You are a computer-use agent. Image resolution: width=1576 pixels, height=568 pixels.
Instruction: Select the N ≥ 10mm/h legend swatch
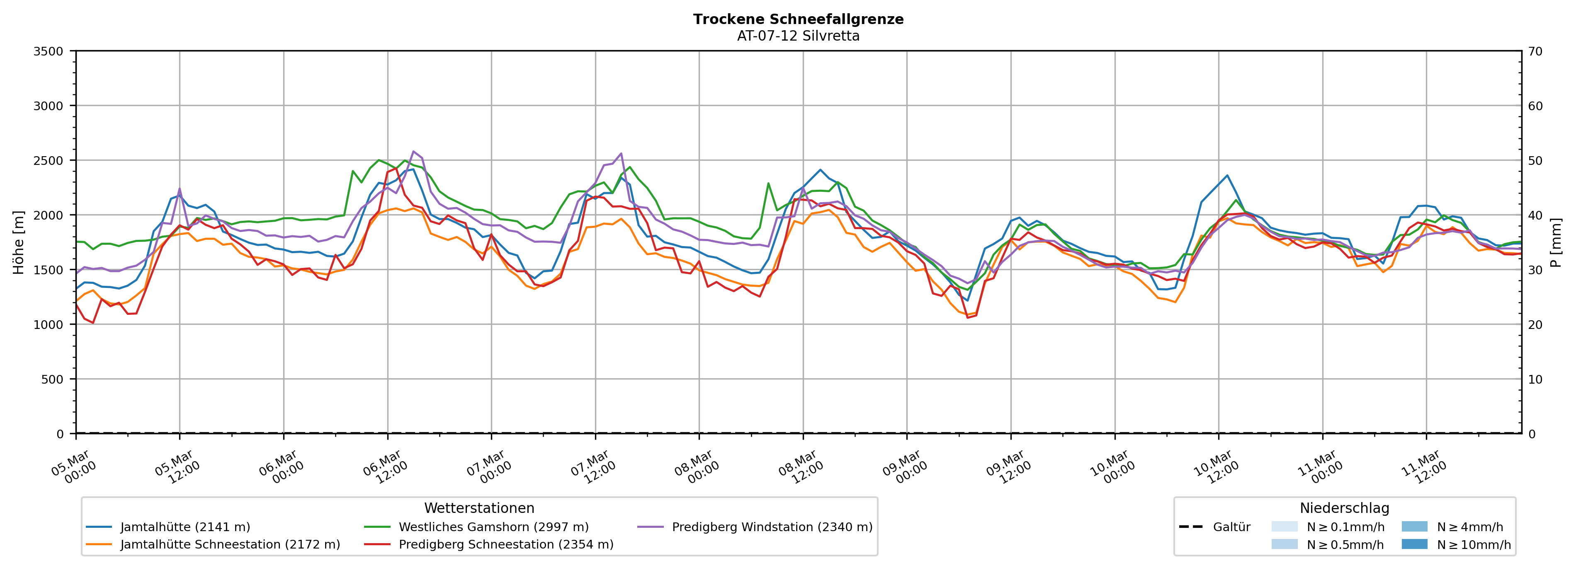(1414, 544)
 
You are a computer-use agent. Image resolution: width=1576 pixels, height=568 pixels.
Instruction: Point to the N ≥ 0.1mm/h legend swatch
(1284, 527)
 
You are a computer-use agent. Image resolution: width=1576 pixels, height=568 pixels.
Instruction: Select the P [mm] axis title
(1556, 242)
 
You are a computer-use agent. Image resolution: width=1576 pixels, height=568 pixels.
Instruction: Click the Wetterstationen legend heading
(479, 508)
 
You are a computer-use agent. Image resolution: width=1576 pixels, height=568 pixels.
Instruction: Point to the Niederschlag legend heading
(1344, 508)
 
